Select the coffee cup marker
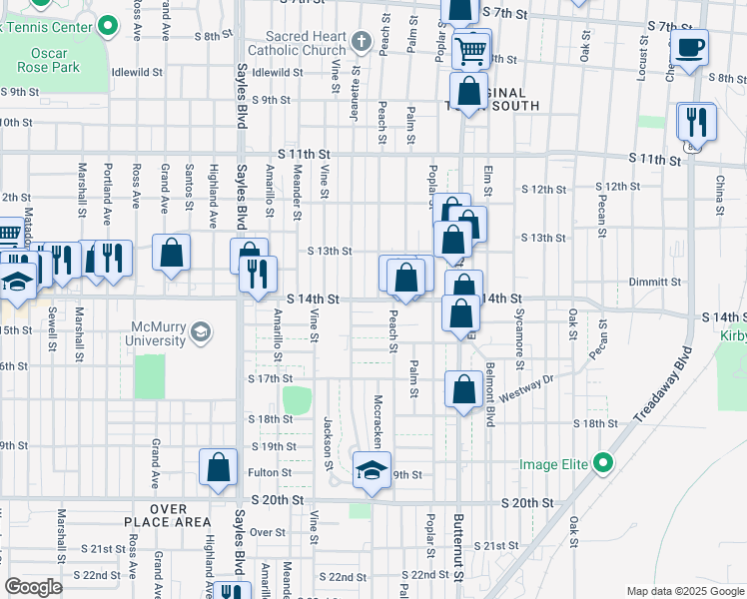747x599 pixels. coord(688,46)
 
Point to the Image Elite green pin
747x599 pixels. coord(601,463)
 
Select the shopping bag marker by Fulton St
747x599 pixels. coord(218,467)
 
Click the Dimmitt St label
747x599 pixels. coord(655,283)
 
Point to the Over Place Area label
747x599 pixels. coord(168,514)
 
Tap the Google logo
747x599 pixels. coord(34,587)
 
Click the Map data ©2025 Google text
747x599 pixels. coord(683,591)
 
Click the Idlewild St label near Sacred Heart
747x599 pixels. coord(278,73)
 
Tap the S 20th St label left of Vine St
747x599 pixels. coord(277,499)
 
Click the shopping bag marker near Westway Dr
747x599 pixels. coord(463,390)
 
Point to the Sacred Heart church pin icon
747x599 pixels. coord(362,42)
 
